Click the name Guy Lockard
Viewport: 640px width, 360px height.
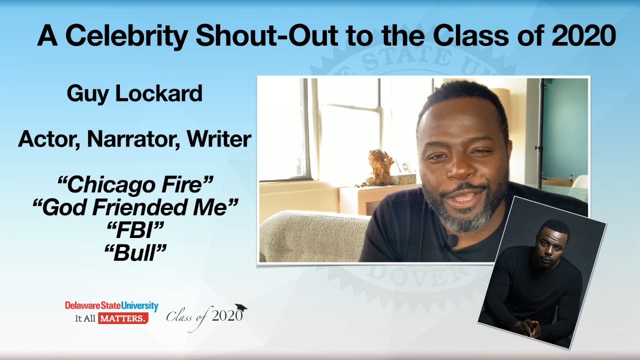(134, 93)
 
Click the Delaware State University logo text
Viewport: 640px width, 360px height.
(111, 306)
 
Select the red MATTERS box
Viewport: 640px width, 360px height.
(122, 318)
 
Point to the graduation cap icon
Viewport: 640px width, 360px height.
(241, 307)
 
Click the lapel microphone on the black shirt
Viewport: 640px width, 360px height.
(451, 242)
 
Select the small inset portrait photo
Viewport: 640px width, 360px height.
(542, 272)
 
